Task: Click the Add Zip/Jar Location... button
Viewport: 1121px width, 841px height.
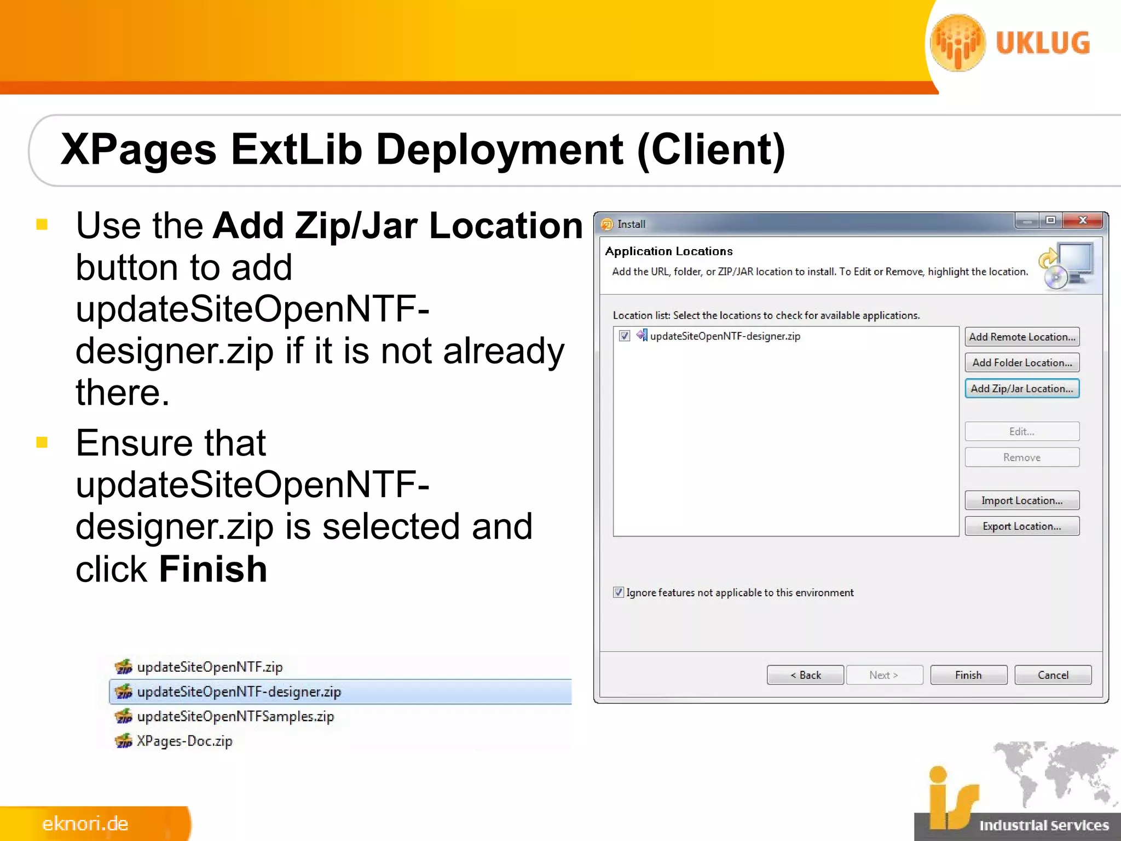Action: click(x=1021, y=389)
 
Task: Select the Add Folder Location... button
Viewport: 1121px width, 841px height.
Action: click(x=1021, y=362)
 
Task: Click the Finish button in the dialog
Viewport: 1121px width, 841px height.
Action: click(x=968, y=675)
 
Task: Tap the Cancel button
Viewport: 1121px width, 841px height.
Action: click(x=1053, y=675)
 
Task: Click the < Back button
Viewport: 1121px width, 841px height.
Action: click(x=805, y=675)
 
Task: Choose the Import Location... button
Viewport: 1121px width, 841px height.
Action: click(x=1021, y=500)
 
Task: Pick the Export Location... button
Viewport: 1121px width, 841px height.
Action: click(x=1021, y=526)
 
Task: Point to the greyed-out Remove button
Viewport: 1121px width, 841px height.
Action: click(x=1021, y=457)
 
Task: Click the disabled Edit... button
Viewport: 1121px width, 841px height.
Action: click(x=1021, y=431)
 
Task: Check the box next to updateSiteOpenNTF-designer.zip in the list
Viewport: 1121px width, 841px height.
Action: click(x=625, y=336)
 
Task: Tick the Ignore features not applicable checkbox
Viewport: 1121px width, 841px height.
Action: click(x=619, y=592)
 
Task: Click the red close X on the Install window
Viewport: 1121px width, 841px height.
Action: click(x=1082, y=220)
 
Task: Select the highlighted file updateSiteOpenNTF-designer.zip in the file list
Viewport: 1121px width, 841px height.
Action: click(x=239, y=692)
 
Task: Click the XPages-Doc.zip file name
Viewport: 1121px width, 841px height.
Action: click(x=184, y=741)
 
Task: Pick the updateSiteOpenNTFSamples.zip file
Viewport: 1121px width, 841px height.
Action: click(x=235, y=717)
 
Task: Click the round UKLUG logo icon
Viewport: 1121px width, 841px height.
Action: click(x=958, y=43)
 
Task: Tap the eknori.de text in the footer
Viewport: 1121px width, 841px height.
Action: click(x=85, y=823)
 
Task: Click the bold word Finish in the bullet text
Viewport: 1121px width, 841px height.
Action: click(x=213, y=569)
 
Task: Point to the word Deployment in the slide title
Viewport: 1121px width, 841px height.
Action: click(x=499, y=149)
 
